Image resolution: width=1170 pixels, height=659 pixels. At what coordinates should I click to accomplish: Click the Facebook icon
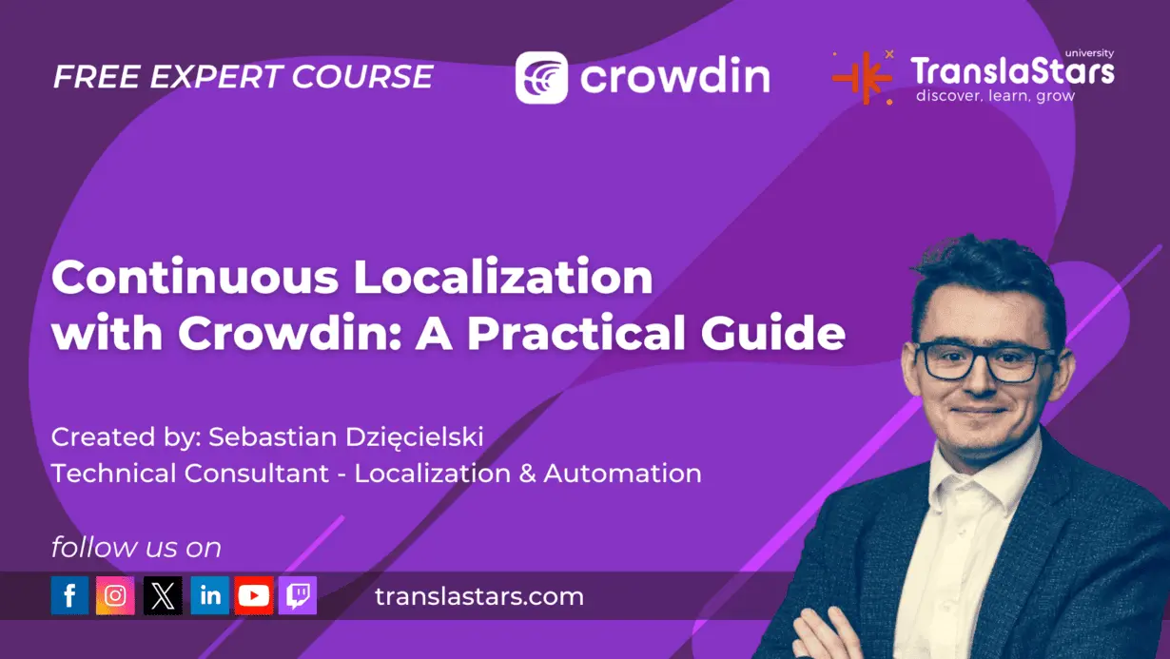coord(69,596)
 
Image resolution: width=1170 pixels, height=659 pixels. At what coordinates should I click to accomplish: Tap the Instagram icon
coord(115,596)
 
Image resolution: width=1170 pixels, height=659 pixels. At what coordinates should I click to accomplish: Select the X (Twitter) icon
coord(163,596)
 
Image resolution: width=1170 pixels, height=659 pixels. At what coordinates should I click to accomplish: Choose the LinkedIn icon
coord(209,596)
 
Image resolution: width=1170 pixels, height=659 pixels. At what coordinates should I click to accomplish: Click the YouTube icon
coord(254,596)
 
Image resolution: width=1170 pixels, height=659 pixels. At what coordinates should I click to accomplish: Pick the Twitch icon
coord(298,596)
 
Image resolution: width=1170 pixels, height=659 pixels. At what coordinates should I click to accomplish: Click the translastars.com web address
coord(478,597)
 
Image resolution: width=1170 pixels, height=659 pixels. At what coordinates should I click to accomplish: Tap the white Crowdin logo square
coord(541,77)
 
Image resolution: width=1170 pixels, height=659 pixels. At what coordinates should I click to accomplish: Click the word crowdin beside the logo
coord(674,76)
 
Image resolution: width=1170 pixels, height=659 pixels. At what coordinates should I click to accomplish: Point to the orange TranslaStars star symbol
coord(863,77)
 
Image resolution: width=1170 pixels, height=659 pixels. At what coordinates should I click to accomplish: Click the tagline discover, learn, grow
coord(995,96)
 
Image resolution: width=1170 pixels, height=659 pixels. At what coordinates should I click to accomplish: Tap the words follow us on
coord(136,548)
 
